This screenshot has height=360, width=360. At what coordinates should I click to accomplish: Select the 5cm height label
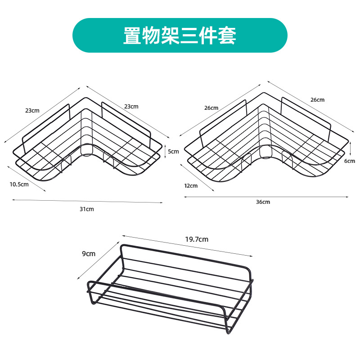pyautogui.click(x=173, y=151)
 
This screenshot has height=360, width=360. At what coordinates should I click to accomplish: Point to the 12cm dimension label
pyautogui.click(x=190, y=185)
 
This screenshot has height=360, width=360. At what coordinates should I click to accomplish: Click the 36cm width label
pyautogui.click(x=263, y=202)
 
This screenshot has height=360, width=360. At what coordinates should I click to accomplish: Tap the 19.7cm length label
pyautogui.click(x=197, y=239)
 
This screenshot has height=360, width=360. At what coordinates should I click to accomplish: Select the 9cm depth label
pyautogui.click(x=89, y=253)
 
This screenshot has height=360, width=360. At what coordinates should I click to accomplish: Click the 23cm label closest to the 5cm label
pyautogui.click(x=131, y=106)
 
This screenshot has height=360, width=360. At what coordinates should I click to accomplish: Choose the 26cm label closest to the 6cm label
pyautogui.click(x=317, y=99)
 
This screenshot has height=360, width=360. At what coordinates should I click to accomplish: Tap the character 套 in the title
pyautogui.click(x=227, y=36)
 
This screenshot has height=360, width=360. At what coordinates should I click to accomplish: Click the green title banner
pyautogui.click(x=180, y=36)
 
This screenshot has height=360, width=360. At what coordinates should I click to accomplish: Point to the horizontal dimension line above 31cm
pyautogui.click(x=88, y=201)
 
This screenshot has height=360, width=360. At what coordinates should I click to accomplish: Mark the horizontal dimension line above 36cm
pyautogui.click(x=265, y=197)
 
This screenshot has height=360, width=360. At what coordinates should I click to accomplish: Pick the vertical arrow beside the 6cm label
pyautogui.click(x=350, y=148)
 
